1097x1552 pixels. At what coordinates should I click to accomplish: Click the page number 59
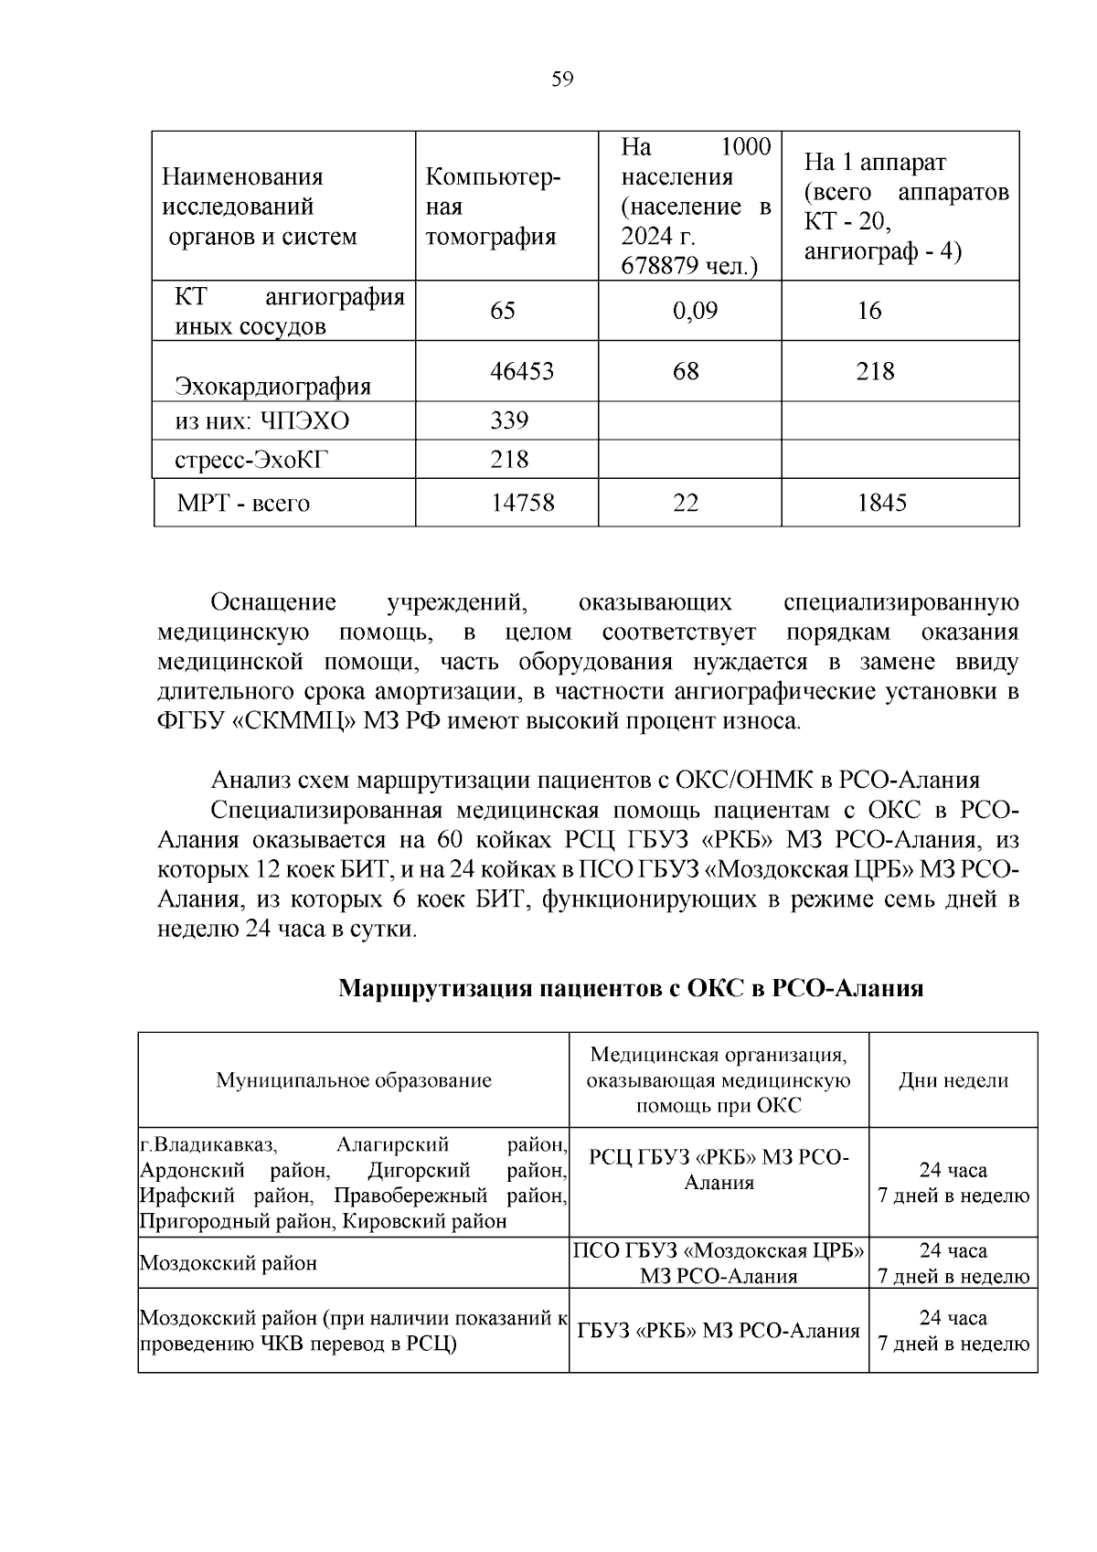click(562, 80)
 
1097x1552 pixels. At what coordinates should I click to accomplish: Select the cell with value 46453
click(522, 371)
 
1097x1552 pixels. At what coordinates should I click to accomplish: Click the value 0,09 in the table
click(695, 311)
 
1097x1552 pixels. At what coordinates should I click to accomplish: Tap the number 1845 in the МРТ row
click(881, 503)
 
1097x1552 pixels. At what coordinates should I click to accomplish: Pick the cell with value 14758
click(523, 503)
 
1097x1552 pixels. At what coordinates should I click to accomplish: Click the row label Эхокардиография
click(272, 387)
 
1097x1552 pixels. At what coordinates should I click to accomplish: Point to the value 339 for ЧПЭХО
click(509, 420)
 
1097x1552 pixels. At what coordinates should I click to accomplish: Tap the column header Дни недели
click(953, 1080)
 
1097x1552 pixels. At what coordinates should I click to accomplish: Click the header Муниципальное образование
click(354, 1080)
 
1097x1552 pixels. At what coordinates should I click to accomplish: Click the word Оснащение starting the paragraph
click(273, 602)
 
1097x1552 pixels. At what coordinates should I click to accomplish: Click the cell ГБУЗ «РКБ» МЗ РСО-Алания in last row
click(719, 1331)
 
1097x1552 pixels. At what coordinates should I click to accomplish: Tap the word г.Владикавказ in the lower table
click(208, 1144)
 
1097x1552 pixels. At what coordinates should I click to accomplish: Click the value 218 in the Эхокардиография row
click(875, 371)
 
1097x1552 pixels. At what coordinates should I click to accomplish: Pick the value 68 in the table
click(686, 371)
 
